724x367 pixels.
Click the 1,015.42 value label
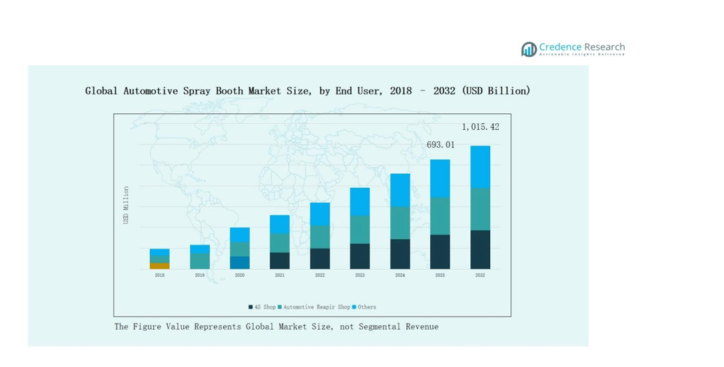(x=480, y=127)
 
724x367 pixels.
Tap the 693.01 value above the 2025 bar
(x=440, y=145)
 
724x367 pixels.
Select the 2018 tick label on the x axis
(x=160, y=275)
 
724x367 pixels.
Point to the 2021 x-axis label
(x=280, y=275)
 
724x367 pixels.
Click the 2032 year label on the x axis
(x=480, y=275)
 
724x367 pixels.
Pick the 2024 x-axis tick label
(x=400, y=275)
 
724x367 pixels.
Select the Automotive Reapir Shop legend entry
(x=316, y=307)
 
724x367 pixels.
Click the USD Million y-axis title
(x=127, y=205)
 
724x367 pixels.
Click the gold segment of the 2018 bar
(x=160, y=266)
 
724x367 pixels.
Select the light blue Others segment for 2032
(x=480, y=167)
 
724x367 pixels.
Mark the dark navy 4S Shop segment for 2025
(x=440, y=252)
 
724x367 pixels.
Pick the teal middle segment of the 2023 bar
(x=360, y=229)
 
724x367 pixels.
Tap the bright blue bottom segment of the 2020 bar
(x=240, y=262)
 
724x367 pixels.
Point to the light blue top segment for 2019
(x=200, y=249)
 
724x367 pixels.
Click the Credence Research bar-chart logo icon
(x=529, y=49)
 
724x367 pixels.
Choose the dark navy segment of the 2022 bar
(x=320, y=258)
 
